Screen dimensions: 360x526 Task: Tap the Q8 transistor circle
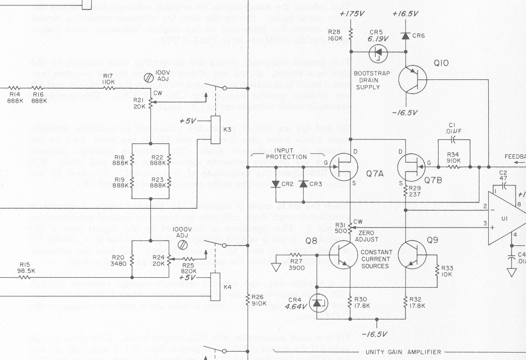pyautogui.click(x=344, y=255)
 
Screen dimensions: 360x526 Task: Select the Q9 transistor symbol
pyautogui.click(x=413, y=255)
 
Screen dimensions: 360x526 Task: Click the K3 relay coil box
pyautogui.click(x=215, y=129)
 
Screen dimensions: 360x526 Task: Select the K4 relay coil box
pyautogui.click(x=215, y=287)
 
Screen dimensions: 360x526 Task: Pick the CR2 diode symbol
pyautogui.click(x=276, y=184)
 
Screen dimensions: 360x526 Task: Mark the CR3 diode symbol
pyautogui.click(x=303, y=184)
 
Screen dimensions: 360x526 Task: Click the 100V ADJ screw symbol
pyautogui.click(x=148, y=77)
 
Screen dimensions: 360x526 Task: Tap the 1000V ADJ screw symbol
pyautogui.click(x=183, y=244)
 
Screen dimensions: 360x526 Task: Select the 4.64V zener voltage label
pyautogui.click(x=296, y=307)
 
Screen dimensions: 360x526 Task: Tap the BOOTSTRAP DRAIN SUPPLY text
pyautogui.click(x=372, y=80)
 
